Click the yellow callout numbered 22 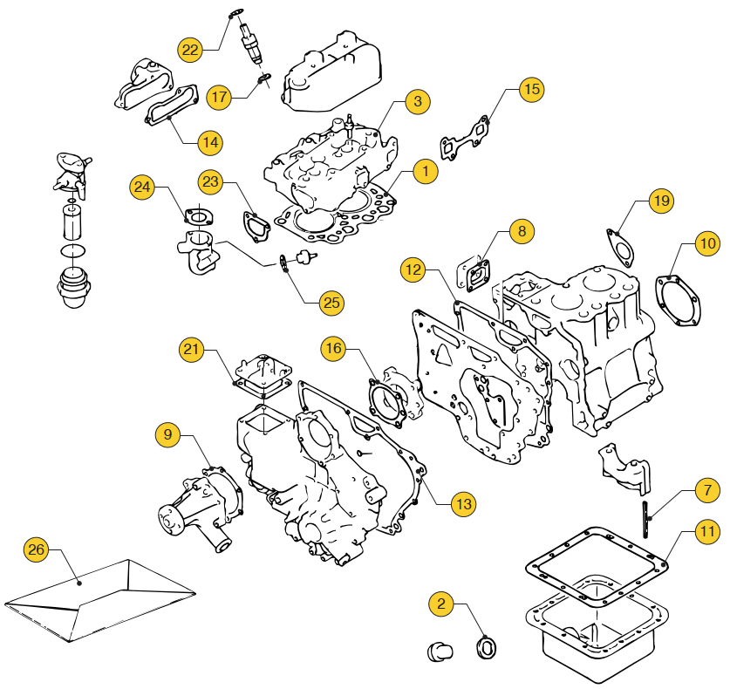(190, 49)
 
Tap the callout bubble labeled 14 (209, 141)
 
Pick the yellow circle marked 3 (418, 102)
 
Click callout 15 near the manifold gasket (531, 89)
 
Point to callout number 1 (425, 171)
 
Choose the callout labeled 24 (143, 186)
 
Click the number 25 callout (331, 303)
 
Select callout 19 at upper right (662, 201)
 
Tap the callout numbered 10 (706, 243)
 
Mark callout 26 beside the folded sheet (36, 549)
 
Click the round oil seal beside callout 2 (487, 648)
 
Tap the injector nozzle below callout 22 (253, 44)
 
